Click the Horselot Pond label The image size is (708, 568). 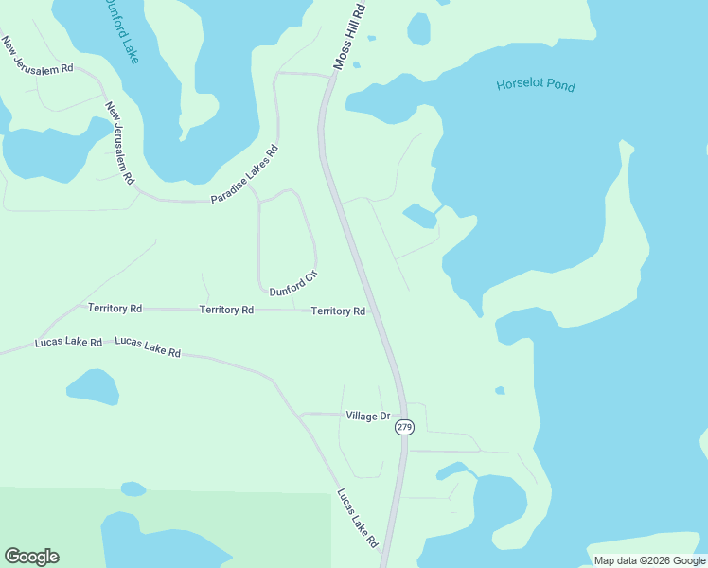(x=535, y=86)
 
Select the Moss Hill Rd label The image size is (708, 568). (x=348, y=35)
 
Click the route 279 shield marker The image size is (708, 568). (x=404, y=427)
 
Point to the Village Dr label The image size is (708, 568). (x=368, y=416)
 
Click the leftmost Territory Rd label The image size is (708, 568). (x=115, y=309)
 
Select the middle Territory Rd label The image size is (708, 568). (x=226, y=310)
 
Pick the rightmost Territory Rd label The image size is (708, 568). (x=338, y=311)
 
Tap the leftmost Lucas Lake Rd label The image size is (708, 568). (x=68, y=342)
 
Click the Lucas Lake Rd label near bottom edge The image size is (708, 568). (x=357, y=518)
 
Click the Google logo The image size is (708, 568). (x=31, y=557)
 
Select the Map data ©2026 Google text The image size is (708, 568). (x=649, y=560)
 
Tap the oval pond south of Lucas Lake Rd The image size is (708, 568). (x=93, y=386)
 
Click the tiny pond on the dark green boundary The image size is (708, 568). (x=133, y=489)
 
